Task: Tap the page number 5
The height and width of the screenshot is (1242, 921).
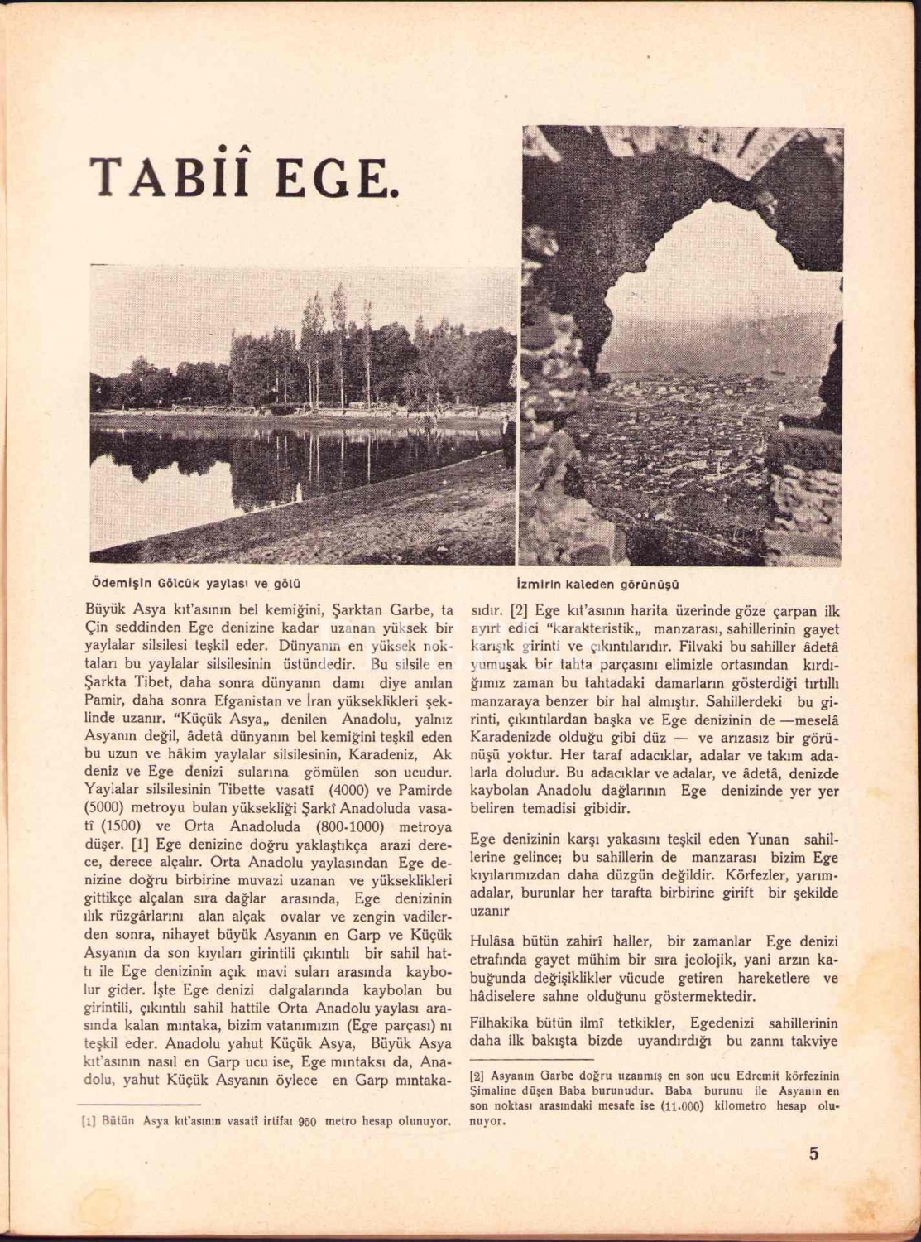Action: coord(813,1153)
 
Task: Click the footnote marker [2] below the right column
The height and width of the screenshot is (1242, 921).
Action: coord(477,1076)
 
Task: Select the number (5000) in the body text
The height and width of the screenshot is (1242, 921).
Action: coord(108,808)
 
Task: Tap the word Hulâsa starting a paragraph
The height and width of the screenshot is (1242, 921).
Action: coord(497,941)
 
